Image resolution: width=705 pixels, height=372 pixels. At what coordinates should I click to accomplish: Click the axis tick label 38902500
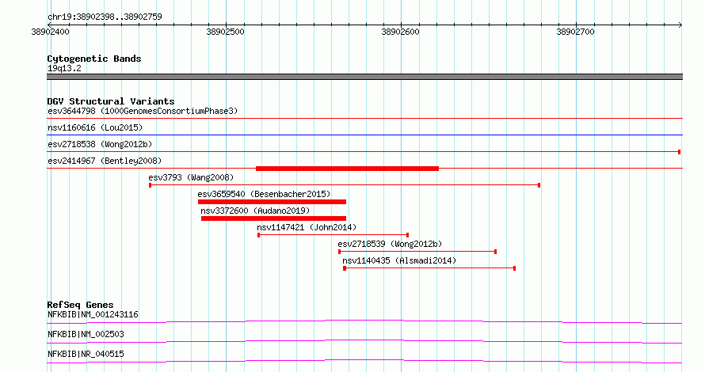pos(225,32)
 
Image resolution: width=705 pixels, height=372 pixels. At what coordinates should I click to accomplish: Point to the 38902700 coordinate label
pos(575,32)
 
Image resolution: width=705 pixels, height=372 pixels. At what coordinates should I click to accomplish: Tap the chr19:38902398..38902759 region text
pos(105,17)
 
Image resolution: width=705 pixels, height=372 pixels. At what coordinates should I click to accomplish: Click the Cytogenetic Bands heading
pos(94,59)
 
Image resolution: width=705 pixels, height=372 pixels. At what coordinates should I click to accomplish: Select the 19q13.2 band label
pos(64,68)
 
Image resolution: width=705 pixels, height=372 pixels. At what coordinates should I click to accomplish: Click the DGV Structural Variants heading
pos(111,101)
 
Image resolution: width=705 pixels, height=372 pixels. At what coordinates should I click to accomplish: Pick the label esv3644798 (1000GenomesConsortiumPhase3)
pos(143,111)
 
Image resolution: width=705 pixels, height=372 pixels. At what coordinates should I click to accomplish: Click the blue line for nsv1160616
pos(364,135)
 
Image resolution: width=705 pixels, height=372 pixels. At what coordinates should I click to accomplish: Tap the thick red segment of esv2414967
pos(347,169)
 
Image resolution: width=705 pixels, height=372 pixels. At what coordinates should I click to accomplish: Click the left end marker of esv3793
pos(151,185)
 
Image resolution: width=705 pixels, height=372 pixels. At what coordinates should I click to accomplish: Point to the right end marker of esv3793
pos(539,185)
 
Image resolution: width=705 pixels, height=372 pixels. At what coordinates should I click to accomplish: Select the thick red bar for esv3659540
pos(272,202)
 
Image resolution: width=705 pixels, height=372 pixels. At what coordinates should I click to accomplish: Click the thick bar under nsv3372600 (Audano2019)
pos(273,218)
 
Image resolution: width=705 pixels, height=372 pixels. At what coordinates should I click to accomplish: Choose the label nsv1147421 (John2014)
pos(307,227)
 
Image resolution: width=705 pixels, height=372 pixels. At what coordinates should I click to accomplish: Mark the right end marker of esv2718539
pos(495,252)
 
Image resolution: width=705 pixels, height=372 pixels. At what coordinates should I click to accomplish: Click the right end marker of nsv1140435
pos(514,268)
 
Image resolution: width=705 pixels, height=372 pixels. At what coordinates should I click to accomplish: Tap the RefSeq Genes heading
pos(80,305)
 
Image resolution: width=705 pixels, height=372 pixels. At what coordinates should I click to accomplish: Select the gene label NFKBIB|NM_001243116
pos(93,314)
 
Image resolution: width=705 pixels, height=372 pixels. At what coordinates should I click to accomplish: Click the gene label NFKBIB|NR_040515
pos(86,354)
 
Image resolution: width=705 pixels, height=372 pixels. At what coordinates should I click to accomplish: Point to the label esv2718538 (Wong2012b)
pos(100,144)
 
